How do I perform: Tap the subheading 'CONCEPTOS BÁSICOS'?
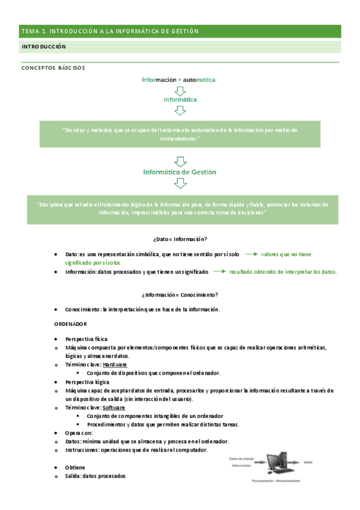tap(53, 68)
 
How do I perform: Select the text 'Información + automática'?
tap(178, 79)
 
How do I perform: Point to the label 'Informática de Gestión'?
tap(180, 172)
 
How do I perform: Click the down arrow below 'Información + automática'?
tap(180, 90)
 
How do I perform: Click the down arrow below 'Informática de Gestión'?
tap(180, 183)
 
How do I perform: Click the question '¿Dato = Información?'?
tap(180, 239)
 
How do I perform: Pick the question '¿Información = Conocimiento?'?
tap(180, 295)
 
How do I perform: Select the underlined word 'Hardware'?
tap(114, 365)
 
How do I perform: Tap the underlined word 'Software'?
tap(114, 407)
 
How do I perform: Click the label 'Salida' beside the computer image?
tap(308, 462)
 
